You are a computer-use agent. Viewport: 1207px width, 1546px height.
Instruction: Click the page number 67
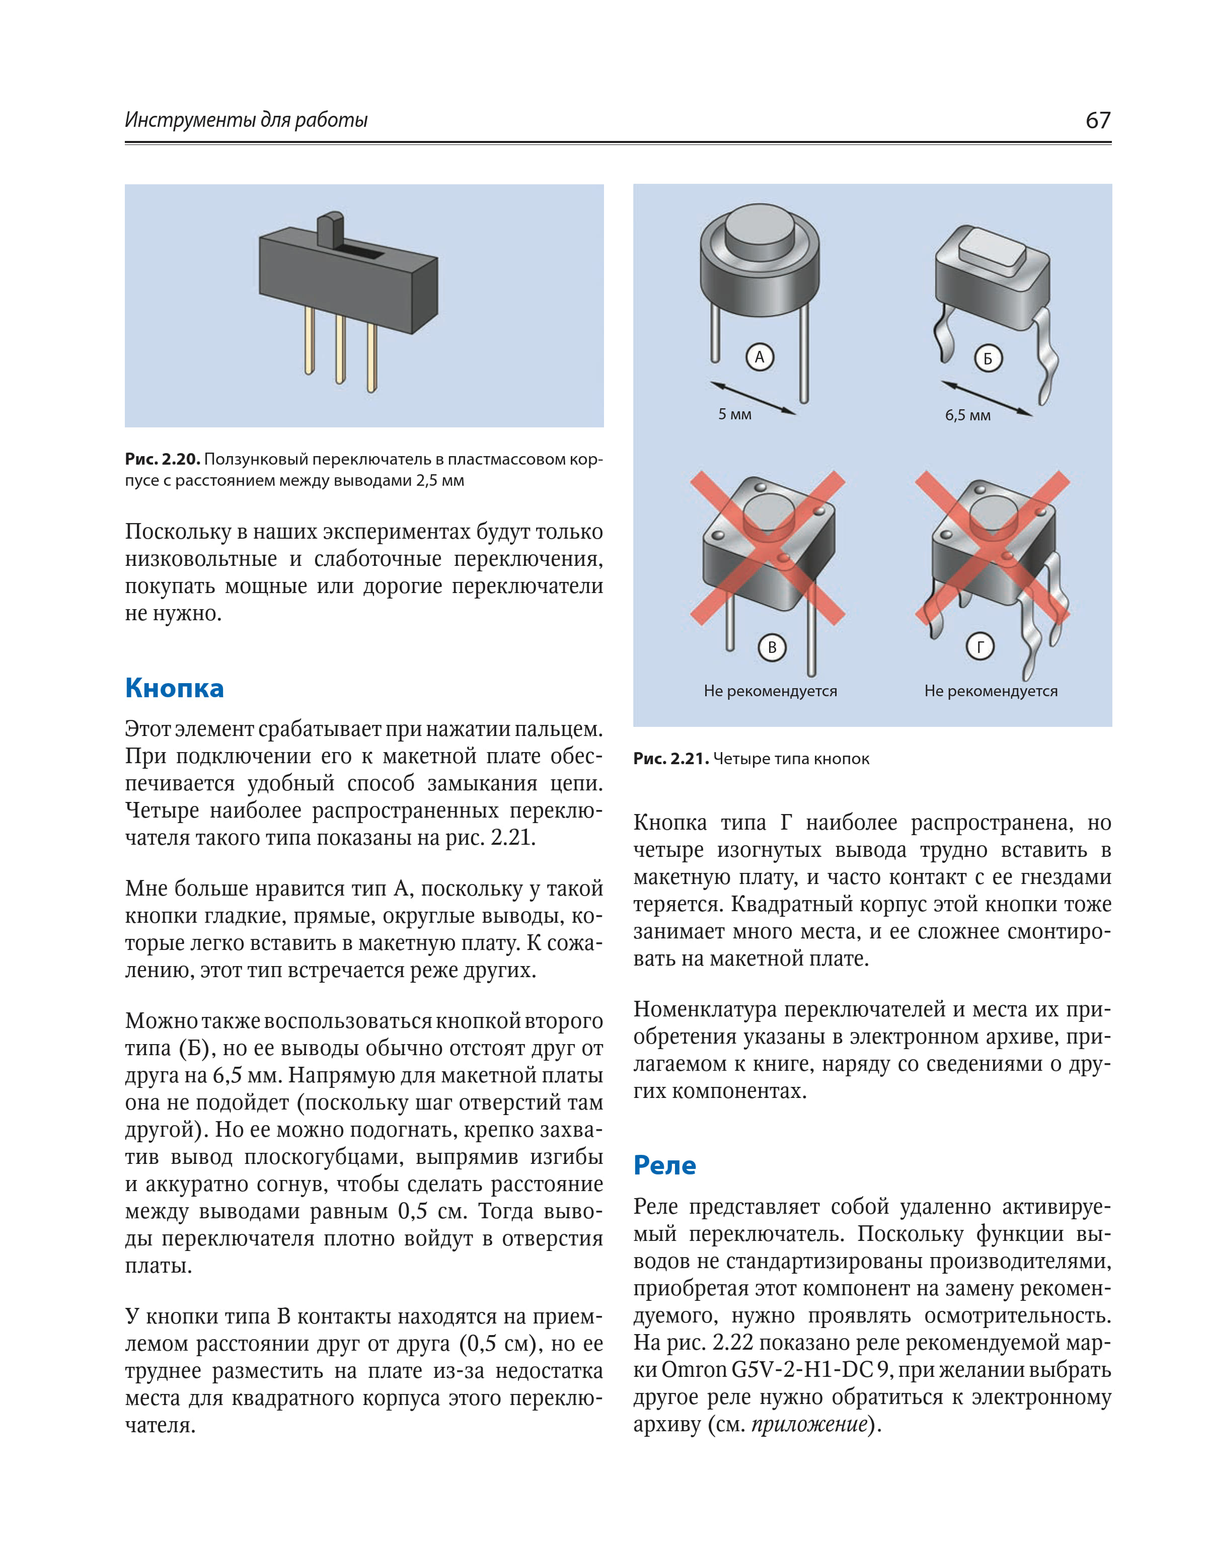pos(1097,120)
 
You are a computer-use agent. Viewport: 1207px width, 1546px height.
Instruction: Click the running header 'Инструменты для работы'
pos(246,120)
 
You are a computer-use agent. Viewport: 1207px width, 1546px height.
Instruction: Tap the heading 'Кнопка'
pos(174,688)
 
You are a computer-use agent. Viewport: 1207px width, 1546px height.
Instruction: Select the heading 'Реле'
pos(664,1165)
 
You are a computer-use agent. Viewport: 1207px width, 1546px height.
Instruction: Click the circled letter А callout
pos(760,357)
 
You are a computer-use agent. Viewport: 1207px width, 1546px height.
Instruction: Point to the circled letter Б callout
pos(988,358)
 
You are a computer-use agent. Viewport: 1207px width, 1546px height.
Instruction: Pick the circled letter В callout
pos(772,647)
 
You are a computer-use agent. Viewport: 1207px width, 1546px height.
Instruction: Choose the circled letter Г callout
pos(980,646)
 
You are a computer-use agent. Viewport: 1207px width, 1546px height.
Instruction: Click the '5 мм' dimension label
pos(735,414)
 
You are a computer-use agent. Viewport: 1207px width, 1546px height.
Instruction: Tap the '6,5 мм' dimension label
pos(968,415)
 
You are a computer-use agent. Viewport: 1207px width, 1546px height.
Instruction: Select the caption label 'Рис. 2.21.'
pos(670,759)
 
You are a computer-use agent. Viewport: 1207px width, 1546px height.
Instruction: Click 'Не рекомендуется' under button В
pos(770,691)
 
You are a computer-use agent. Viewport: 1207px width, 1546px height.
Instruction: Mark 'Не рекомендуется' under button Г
pos(991,691)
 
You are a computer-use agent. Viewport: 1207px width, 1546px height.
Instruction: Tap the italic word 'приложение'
pos(809,1424)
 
